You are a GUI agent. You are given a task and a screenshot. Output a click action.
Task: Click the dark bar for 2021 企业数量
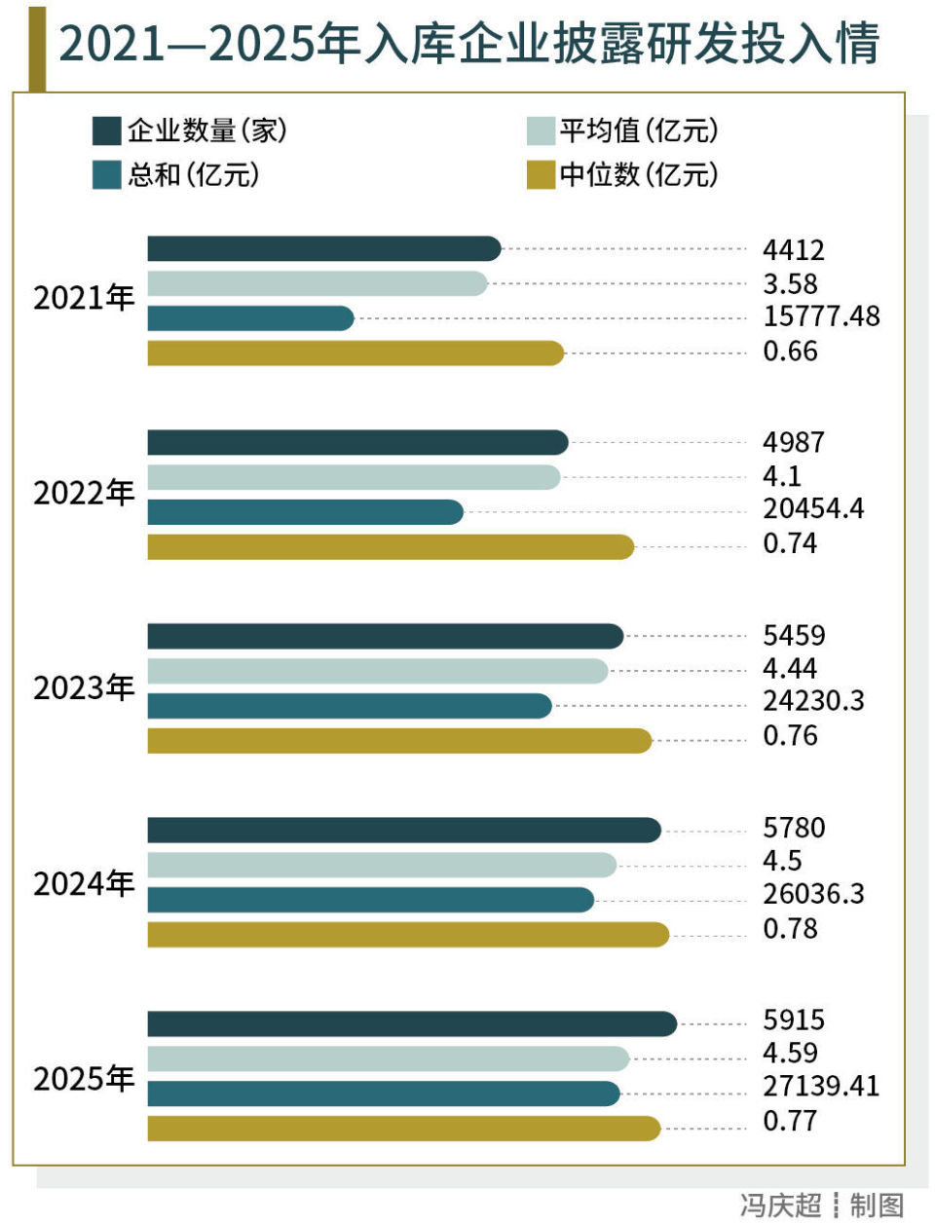click(323, 248)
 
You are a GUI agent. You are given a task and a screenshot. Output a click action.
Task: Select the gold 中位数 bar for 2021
click(355, 352)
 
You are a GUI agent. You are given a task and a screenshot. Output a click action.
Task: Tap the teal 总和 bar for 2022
click(305, 511)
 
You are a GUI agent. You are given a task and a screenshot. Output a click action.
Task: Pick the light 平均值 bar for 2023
click(377, 670)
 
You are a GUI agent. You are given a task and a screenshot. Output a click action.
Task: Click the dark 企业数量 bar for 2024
click(404, 830)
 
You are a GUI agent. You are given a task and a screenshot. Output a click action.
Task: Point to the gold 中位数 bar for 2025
click(404, 1128)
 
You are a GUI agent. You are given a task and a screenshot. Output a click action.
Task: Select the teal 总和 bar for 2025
click(384, 1094)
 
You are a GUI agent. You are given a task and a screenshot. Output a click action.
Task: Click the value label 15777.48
click(821, 316)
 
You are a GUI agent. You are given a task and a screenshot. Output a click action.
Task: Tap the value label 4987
click(793, 442)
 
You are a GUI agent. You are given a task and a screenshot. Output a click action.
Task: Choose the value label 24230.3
click(813, 701)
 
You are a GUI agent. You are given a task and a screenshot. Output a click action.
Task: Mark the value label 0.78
click(790, 929)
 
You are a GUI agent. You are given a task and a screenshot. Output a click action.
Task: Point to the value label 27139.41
click(821, 1086)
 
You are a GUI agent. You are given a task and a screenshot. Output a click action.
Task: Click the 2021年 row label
click(84, 298)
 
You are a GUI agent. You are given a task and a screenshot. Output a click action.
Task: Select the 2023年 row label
click(84, 688)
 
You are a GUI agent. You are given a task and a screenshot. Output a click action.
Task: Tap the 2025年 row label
click(84, 1079)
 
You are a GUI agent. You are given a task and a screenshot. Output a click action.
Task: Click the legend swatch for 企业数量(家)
click(106, 130)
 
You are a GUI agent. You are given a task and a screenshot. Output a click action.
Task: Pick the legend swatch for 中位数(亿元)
click(541, 175)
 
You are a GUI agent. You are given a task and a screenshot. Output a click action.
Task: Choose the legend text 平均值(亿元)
click(638, 130)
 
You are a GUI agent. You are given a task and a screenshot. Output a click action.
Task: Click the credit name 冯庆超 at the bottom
click(780, 1205)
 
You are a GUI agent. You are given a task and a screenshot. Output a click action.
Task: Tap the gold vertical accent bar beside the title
click(37, 47)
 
